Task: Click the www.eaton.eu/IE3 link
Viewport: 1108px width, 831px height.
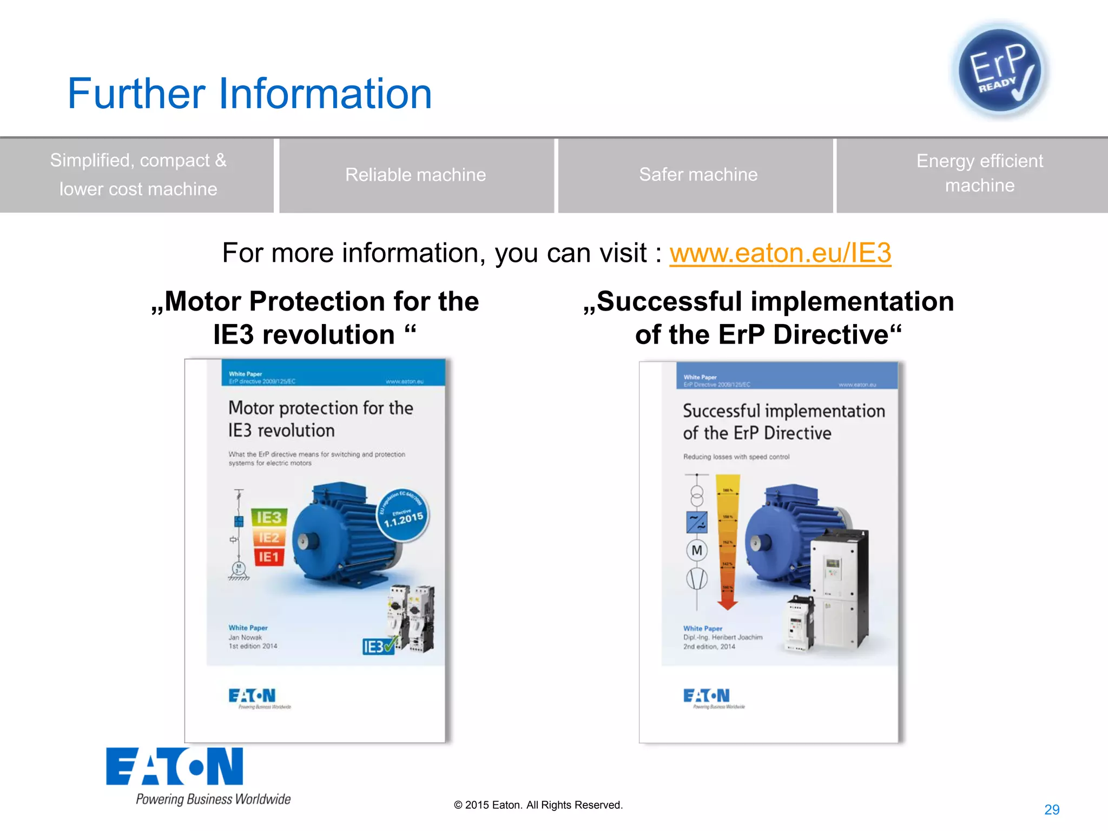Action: [780, 253]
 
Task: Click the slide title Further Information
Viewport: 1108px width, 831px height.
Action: [249, 94]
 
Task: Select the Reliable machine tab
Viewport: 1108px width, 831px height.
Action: [415, 175]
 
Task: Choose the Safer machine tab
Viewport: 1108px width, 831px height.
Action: [698, 175]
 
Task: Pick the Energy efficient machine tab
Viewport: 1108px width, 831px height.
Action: [979, 173]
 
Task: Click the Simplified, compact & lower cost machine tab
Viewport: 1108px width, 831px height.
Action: [138, 175]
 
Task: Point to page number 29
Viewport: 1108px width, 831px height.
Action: [1051, 809]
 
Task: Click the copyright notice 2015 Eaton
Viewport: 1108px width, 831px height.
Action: [538, 805]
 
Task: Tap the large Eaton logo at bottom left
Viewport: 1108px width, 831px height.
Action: [174, 767]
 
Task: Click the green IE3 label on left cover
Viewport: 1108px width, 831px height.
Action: [269, 518]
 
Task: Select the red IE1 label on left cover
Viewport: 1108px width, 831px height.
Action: [269, 557]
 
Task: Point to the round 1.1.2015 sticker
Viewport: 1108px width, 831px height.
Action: [403, 516]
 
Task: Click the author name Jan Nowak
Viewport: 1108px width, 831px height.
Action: [245, 637]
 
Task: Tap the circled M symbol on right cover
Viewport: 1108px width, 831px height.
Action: [697, 551]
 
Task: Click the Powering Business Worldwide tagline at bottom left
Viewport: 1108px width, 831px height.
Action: [213, 799]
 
